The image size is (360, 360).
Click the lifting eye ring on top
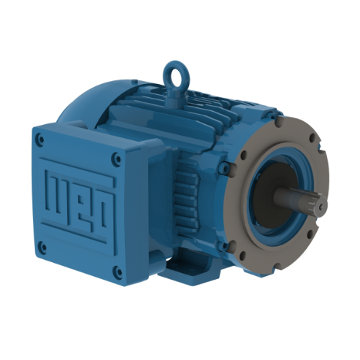[x=172, y=74]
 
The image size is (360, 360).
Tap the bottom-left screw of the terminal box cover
[x=43, y=246]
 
